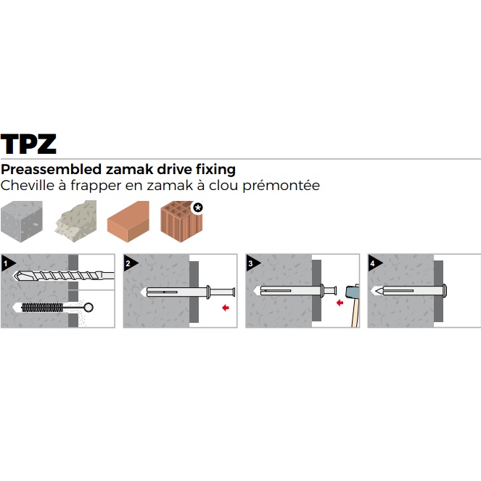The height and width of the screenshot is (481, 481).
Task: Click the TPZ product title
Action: [x=28, y=143]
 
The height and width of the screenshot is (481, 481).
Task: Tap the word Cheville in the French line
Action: [x=27, y=186]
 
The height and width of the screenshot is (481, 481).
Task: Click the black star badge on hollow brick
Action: [x=197, y=207]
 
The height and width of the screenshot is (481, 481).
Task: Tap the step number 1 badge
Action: [x=7, y=261]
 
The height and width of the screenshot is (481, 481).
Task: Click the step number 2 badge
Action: [x=129, y=261]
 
